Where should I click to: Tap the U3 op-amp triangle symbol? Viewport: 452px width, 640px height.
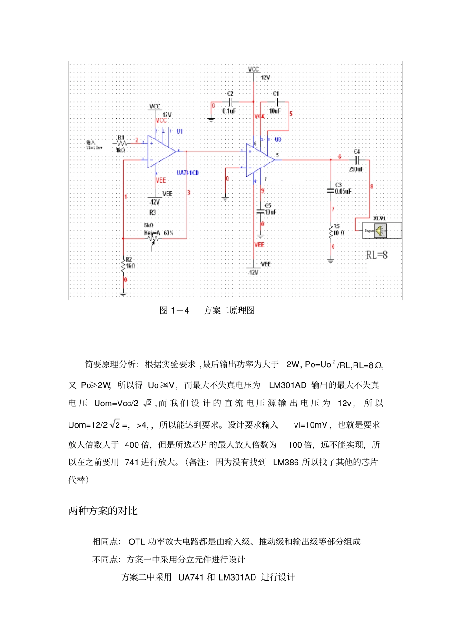click(260, 159)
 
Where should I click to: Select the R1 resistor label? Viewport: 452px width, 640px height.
click(121, 138)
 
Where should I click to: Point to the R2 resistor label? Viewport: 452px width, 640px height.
click(129, 260)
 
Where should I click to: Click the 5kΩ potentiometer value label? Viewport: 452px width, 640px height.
click(148, 226)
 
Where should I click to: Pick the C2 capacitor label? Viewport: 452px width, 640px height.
click(230, 94)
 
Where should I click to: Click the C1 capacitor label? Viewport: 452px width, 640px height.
click(276, 94)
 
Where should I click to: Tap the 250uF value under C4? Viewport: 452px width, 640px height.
click(356, 169)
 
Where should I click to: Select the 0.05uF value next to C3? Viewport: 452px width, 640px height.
click(343, 191)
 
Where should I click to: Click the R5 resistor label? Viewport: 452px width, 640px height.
click(336, 226)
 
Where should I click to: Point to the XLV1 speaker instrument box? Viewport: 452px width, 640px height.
click(381, 231)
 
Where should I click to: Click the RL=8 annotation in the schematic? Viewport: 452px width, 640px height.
click(377, 255)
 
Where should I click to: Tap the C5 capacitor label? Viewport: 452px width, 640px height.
click(268, 206)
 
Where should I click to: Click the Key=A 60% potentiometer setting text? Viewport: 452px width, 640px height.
click(159, 233)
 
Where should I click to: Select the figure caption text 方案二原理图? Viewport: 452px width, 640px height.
click(229, 311)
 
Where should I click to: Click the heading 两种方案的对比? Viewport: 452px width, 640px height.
click(103, 511)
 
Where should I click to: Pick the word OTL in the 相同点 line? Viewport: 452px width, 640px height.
click(137, 542)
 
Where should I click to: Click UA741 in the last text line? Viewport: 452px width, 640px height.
click(191, 577)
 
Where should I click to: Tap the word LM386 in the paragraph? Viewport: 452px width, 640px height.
click(285, 462)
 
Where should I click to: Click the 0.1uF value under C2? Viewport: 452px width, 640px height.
click(229, 111)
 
